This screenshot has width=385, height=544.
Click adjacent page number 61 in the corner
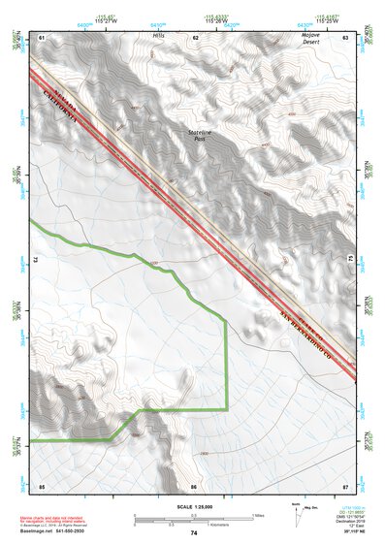[42, 37]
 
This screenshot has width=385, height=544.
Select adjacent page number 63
[345, 37]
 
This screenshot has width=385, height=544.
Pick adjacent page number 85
[42, 486]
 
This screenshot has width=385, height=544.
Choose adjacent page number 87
[345, 486]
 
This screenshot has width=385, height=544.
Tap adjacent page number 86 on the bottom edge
[194, 486]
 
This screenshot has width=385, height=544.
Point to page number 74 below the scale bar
[194, 533]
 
